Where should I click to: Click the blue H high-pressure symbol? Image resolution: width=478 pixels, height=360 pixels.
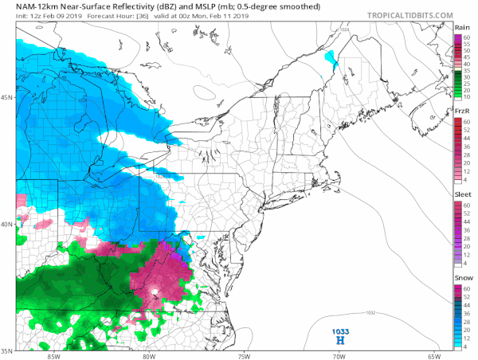point(341,339)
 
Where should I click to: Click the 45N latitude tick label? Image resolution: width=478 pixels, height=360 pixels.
point(7,97)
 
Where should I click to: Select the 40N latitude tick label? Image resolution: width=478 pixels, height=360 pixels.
point(7,224)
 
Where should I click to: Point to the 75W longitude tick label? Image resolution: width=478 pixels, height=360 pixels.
point(244,355)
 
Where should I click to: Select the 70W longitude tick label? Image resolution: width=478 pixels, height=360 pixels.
point(339,355)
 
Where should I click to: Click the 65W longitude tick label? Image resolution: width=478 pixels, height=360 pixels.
point(434,355)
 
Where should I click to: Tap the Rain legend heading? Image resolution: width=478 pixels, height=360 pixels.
point(462,27)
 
